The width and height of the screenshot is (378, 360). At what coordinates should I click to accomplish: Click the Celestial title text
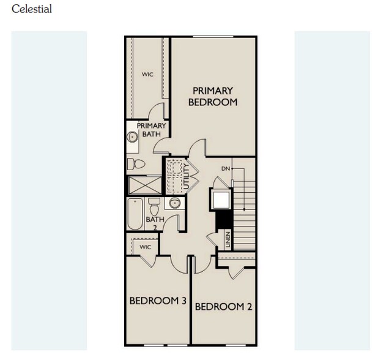pos(32,9)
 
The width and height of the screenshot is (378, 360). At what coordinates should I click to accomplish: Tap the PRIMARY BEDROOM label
pos(212,97)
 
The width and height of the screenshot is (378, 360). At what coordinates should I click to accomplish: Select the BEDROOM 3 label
pos(157,301)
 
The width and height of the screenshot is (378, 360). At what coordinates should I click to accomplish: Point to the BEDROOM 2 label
pos(223,307)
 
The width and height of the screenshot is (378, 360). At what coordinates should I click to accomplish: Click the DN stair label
pos(226,168)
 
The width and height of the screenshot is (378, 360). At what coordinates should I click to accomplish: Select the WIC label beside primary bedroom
pos(147,75)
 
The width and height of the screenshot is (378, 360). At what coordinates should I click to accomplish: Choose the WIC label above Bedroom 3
pos(145,247)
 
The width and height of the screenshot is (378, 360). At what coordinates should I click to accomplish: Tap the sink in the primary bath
pos(132,137)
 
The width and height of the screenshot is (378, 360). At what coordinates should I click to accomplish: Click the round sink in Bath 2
pos(174,203)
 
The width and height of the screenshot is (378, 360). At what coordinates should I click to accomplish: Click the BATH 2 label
pos(155,223)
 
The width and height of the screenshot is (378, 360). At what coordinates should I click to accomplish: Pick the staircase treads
pos(245,211)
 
